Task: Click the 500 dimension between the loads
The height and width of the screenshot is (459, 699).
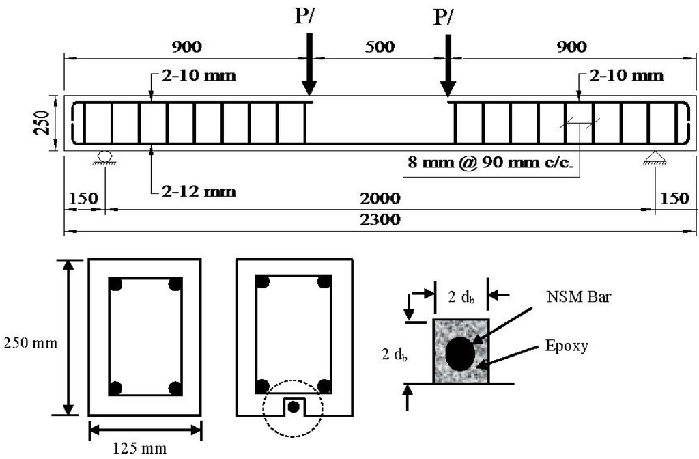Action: coord(380,46)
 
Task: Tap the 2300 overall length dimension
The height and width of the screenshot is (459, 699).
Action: coord(380,219)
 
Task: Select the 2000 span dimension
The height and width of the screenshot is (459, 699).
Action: coord(380,198)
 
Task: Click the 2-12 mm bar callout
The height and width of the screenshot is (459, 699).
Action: coord(199,191)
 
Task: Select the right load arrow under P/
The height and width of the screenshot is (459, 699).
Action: coord(448,65)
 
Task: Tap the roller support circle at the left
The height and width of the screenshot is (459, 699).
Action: coord(104,156)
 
